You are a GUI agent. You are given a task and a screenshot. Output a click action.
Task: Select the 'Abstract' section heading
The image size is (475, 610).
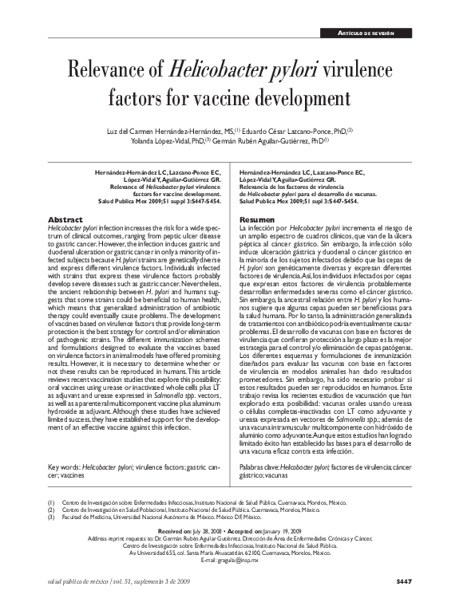click(66, 218)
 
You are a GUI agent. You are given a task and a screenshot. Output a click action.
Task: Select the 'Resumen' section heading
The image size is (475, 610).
click(258, 218)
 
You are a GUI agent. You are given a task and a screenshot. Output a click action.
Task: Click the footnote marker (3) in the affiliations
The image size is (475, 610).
click(52, 518)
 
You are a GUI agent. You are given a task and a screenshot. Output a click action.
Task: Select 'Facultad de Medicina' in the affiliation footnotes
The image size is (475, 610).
click(89, 518)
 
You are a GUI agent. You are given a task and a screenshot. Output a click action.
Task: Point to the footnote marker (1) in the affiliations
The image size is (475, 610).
click(52, 503)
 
